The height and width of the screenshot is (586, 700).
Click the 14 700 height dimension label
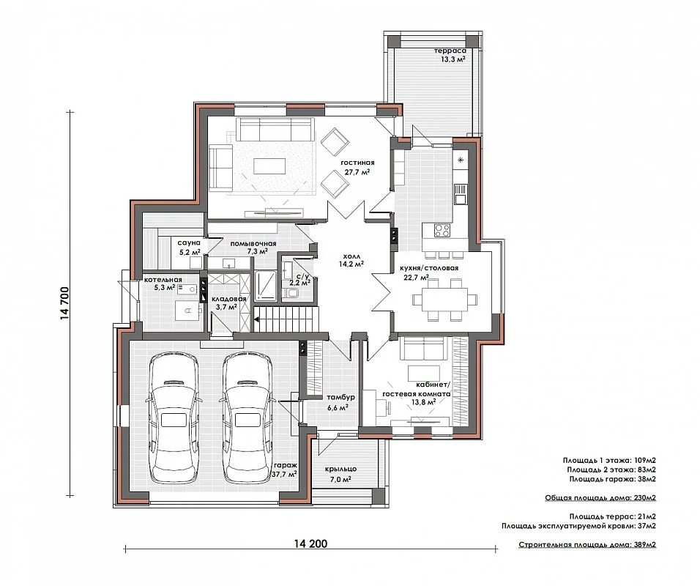(65, 303)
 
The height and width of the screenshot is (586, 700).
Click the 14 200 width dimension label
(310, 544)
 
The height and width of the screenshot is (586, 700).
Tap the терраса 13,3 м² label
(450, 55)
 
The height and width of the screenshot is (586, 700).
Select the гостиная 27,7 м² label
(357, 167)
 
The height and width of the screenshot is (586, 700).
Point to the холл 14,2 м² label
(351, 260)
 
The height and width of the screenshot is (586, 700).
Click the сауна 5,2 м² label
(190, 248)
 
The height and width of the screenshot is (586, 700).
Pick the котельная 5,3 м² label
(163, 283)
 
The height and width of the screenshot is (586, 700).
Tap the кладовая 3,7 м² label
(228, 303)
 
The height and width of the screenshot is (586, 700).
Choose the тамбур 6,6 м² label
(340, 402)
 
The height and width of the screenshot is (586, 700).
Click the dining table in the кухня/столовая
(440, 300)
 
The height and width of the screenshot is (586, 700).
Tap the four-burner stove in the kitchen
(442, 231)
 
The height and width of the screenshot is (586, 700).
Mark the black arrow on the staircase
(258, 319)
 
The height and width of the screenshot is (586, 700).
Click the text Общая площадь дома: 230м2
(600, 497)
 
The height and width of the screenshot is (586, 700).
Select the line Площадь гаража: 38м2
(612, 479)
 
